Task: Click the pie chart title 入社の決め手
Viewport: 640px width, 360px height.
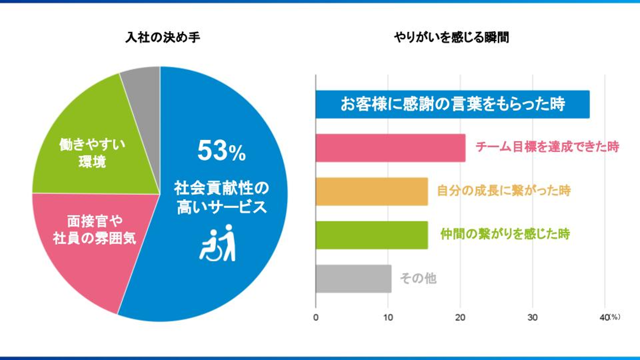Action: tap(163, 38)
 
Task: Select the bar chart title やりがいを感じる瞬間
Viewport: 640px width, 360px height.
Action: tap(451, 38)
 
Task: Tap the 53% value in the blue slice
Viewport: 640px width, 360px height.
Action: tap(221, 152)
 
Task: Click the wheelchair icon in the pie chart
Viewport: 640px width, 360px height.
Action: tap(218, 243)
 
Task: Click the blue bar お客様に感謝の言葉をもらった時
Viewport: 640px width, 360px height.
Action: tap(452, 104)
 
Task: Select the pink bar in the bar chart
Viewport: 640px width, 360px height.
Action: tap(390, 148)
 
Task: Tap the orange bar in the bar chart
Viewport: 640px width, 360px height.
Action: tap(372, 191)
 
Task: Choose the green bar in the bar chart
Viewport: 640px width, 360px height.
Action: tap(372, 235)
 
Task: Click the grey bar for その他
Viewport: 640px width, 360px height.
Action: tap(353, 279)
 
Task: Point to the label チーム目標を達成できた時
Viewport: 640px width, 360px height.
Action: tap(547, 147)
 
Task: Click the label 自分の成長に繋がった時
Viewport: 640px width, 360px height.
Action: tap(504, 191)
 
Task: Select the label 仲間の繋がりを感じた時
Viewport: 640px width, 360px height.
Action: tap(505, 234)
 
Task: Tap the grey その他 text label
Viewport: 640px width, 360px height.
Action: tap(418, 278)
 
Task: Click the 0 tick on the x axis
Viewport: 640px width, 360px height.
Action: tap(316, 318)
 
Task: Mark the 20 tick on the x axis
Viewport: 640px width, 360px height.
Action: tap(460, 318)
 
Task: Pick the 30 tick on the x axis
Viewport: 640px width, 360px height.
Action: tap(532, 318)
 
